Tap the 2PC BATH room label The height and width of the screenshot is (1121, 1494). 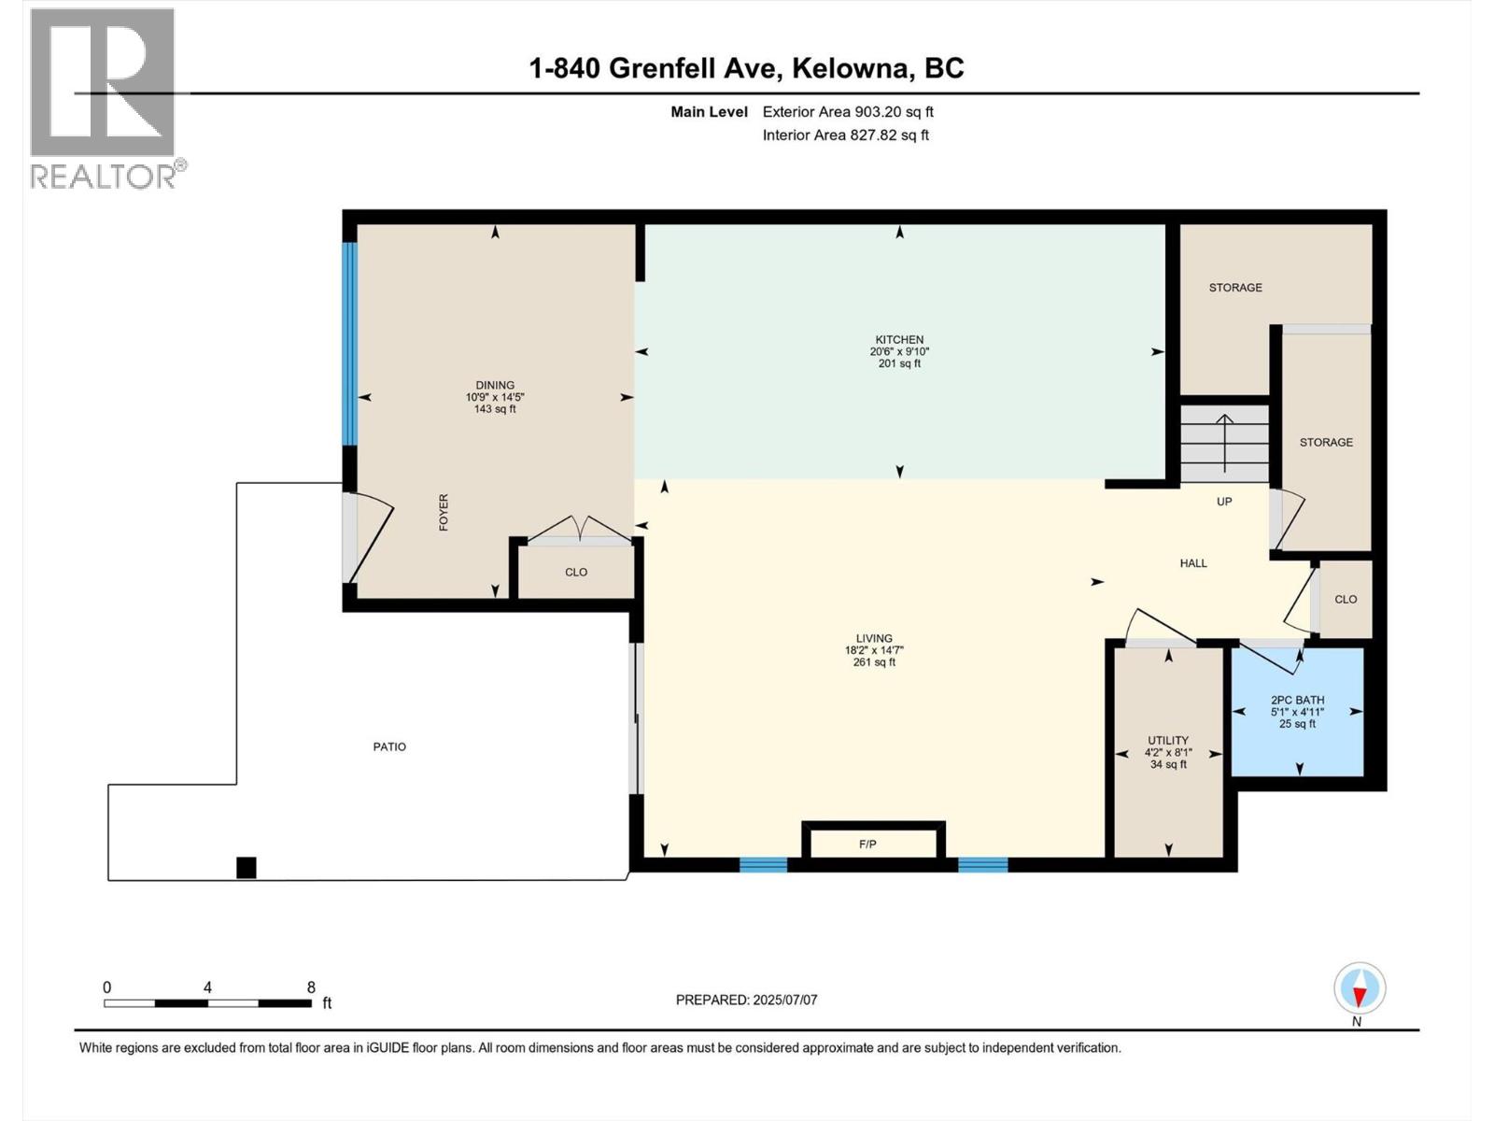click(x=1297, y=700)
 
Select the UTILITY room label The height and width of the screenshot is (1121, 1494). click(x=1167, y=740)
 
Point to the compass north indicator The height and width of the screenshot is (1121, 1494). click(x=1360, y=988)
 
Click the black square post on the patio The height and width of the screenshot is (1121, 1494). click(x=246, y=868)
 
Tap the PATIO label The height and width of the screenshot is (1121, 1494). click(x=389, y=746)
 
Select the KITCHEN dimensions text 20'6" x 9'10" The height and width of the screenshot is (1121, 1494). click(x=898, y=352)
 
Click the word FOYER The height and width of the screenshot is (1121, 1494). click(x=444, y=513)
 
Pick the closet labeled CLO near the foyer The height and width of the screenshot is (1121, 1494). click(x=576, y=572)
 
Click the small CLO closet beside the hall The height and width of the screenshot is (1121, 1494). click(x=1345, y=600)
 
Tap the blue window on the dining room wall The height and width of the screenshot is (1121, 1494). click(x=349, y=344)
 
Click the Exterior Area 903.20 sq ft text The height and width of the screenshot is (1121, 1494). click(x=847, y=112)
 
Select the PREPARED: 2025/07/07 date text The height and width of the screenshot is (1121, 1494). click(x=746, y=1000)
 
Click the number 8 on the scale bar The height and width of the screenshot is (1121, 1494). click(x=311, y=987)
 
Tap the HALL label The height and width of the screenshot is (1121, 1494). click(x=1192, y=563)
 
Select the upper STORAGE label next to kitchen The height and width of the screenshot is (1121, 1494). click(x=1234, y=288)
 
